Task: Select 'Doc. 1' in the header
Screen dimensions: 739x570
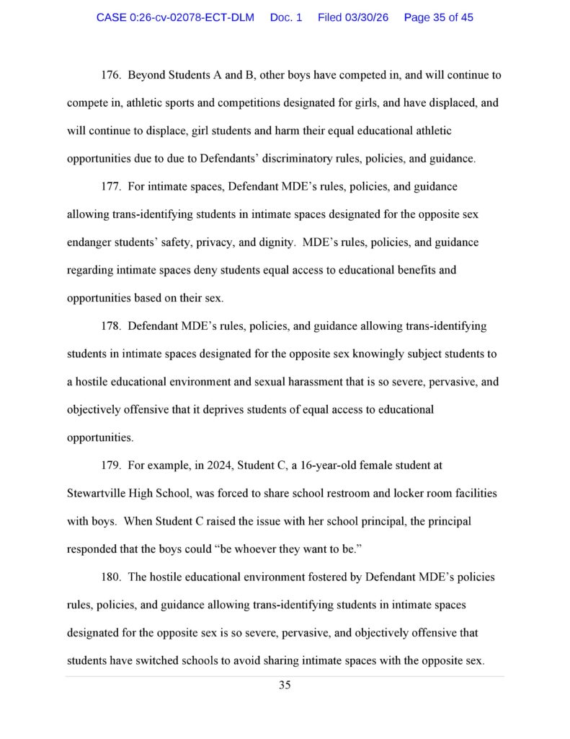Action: [x=286, y=17]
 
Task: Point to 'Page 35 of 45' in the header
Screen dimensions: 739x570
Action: [x=439, y=17]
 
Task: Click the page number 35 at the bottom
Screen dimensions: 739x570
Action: [x=285, y=685]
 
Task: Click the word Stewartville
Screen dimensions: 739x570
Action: [x=97, y=494]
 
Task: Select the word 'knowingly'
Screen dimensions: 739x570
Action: [x=395, y=354]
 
